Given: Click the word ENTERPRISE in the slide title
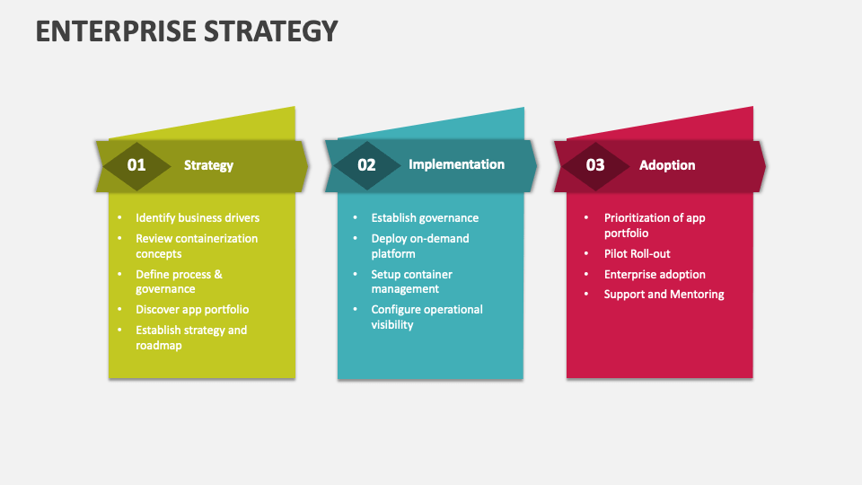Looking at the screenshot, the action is coord(116,31).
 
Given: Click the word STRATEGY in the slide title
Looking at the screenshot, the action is coord(271,31).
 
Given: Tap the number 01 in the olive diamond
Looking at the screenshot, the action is coord(136,165).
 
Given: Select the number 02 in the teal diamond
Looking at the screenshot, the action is coord(366,165).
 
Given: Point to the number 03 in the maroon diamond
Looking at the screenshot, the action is coord(595,165).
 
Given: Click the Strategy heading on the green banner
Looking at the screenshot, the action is coord(208,165).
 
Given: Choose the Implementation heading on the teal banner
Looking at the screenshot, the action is coord(456,164).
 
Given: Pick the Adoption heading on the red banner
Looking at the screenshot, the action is coord(667,165).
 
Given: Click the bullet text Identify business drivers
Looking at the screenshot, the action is coord(198,217).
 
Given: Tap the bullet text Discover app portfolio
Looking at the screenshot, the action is coord(192,310).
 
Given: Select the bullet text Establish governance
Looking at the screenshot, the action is coord(425,217).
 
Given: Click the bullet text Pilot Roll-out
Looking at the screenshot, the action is coord(638,253).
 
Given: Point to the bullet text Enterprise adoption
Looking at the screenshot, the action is coord(655,275).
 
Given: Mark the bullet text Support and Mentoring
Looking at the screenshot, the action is coord(664,295).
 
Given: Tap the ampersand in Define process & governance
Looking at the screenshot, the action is coord(218,275).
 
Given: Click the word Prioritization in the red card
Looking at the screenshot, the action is coord(638,217).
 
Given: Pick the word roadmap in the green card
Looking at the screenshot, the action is coord(159,345).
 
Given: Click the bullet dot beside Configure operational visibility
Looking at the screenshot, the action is coord(356,309).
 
